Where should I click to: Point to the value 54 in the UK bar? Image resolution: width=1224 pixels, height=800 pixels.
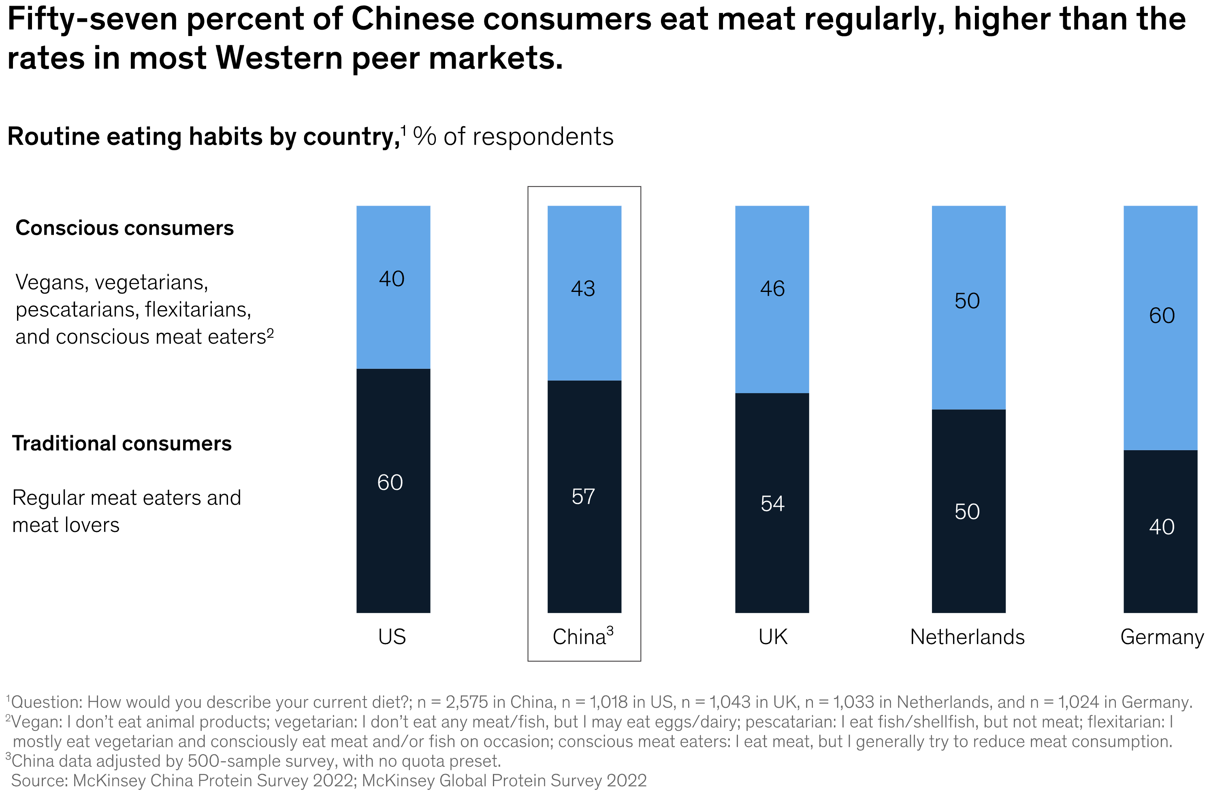click(772, 504)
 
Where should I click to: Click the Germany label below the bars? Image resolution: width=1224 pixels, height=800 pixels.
click(1161, 637)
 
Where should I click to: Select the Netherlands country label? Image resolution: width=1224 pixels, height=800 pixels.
click(967, 637)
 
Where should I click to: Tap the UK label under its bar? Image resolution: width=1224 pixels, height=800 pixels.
click(772, 637)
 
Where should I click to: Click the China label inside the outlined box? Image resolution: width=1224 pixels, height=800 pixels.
click(580, 637)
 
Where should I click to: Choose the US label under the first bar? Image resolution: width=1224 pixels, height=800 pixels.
click(392, 637)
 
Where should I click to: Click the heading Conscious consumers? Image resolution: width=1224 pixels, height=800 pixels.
click(124, 228)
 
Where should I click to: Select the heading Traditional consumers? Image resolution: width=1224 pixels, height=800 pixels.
click(122, 443)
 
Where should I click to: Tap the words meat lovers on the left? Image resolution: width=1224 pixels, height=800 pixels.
click(66, 525)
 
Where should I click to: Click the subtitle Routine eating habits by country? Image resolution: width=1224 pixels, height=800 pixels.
click(203, 137)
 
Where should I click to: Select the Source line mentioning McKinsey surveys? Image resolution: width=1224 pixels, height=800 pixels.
click(329, 781)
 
